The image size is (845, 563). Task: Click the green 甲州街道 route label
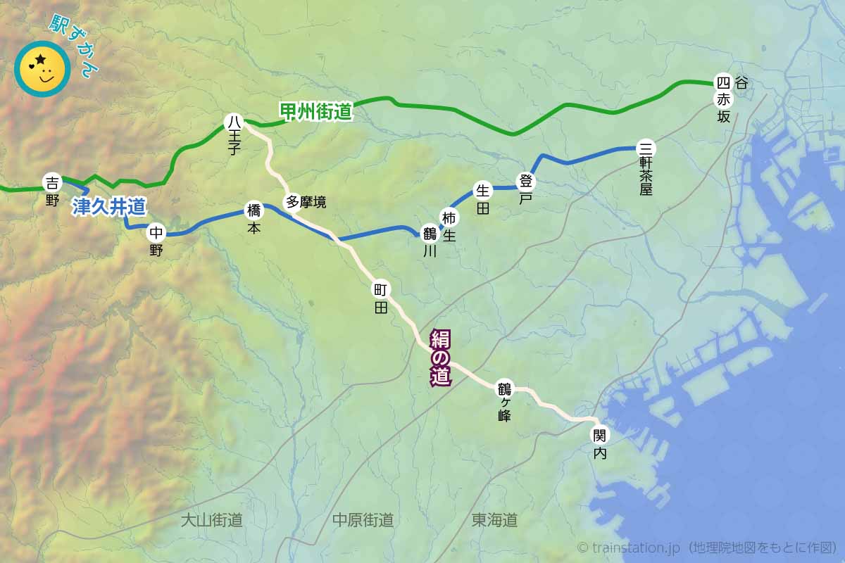(x=315, y=111)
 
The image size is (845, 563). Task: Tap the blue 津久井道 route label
(x=109, y=207)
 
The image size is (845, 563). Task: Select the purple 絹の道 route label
(x=440, y=358)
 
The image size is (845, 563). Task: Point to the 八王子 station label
(x=234, y=133)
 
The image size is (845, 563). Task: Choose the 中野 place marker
(x=156, y=240)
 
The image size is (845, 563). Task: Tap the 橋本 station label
(x=254, y=218)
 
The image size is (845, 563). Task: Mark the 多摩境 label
(x=306, y=202)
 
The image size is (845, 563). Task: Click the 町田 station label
(x=381, y=298)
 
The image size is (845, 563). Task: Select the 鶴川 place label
(x=430, y=241)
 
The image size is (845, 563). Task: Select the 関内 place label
(x=600, y=445)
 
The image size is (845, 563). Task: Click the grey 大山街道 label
(x=211, y=520)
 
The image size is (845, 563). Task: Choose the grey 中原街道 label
(x=363, y=520)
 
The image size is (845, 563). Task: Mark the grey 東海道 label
(x=494, y=520)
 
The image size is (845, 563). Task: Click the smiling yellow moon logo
(x=42, y=69)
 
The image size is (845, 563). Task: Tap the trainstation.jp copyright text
(x=707, y=547)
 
